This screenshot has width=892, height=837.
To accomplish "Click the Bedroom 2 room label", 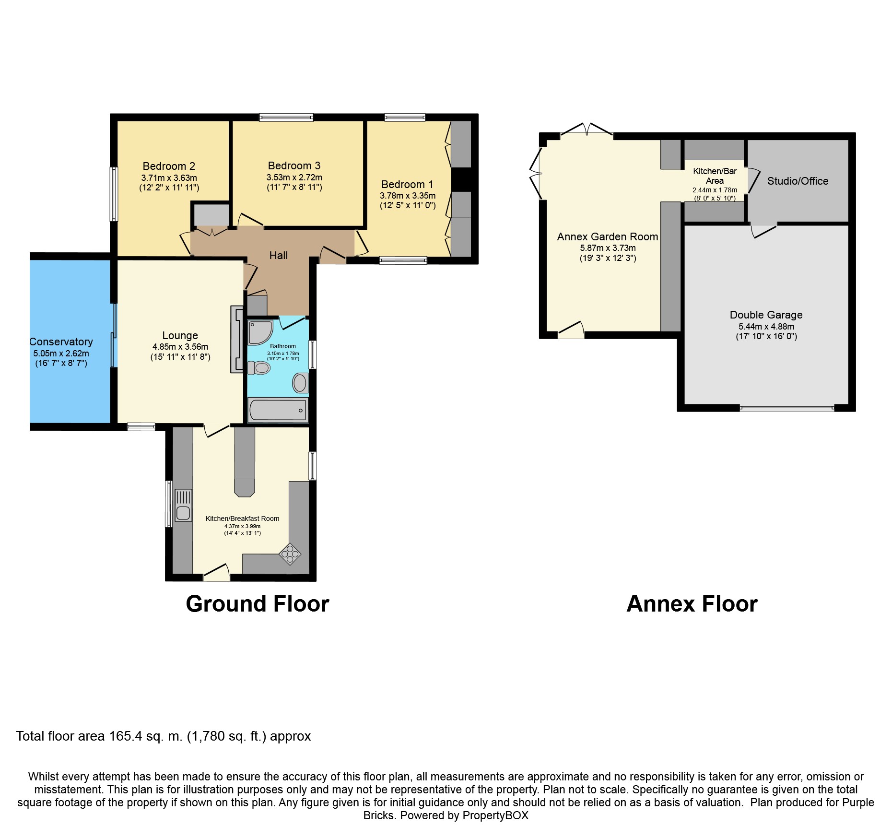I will click(169, 166).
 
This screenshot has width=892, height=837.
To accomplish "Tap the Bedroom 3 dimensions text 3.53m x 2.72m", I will click(294, 177).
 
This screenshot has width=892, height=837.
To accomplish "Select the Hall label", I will click(278, 255).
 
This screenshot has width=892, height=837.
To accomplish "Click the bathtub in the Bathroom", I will click(278, 410).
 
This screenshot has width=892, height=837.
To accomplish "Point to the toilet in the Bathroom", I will click(260, 368).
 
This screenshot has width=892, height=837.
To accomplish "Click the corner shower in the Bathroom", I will click(259, 332).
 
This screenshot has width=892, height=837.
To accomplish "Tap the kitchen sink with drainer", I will click(183, 505).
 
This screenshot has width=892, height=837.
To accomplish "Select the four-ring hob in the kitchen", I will click(290, 554).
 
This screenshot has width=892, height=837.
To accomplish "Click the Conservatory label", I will click(61, 342).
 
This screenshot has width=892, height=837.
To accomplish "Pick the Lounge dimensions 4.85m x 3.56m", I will click(180, 346).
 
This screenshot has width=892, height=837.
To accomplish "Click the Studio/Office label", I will click(798, 181).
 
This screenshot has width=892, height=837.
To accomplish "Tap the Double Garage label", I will click(766, 315).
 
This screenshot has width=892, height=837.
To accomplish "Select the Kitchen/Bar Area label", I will click(715, 176).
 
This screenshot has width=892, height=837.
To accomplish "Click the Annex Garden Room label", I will click(607, 236).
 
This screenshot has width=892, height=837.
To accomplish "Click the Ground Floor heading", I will click(258, 604).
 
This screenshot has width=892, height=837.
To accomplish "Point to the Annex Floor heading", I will click(692, 604).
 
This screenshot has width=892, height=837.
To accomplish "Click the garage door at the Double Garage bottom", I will click(786, 409).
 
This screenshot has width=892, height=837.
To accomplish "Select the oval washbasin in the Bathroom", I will click(300, 383).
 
